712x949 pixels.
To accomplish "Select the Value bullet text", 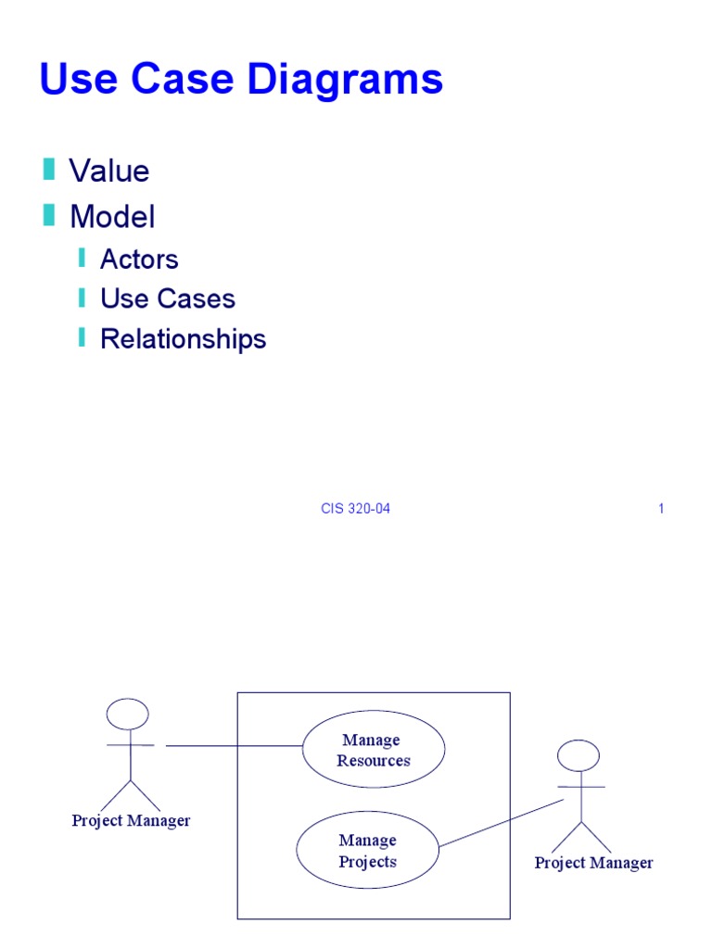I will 109,171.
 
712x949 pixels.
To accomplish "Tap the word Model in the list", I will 112,217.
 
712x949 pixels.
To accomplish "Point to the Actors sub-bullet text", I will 139,259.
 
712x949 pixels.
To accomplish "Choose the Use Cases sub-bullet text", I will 168,298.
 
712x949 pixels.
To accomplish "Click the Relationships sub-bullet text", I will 183,338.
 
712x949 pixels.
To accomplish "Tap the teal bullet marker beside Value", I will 48,170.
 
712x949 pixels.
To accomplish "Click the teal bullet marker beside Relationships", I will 82,337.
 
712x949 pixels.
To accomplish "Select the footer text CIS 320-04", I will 355,509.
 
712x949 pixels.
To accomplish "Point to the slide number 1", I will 661,509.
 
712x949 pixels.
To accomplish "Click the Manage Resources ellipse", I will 374,750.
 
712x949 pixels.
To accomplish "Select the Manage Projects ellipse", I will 367,851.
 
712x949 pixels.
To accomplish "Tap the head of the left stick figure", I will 128,714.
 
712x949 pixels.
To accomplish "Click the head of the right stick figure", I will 578,755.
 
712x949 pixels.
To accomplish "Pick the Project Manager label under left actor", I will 131,820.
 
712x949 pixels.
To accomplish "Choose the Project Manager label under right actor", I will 593,863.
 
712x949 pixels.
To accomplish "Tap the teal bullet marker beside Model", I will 48,216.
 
